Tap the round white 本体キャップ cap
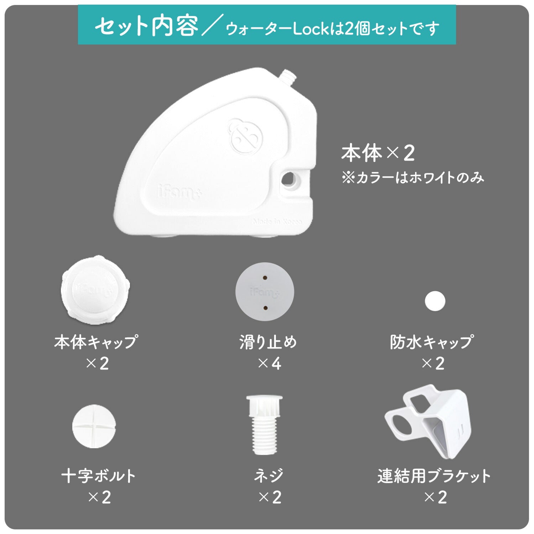coord(95,288)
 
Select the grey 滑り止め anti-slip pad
coord(265,292)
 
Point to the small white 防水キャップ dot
coord(435,301)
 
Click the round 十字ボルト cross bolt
coord(94,426)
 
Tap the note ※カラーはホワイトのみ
coord(413,178)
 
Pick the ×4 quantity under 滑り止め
coord(269,363)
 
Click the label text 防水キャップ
coord(431,342)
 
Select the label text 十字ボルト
coord(99,476)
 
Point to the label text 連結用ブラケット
coord(434,476)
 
